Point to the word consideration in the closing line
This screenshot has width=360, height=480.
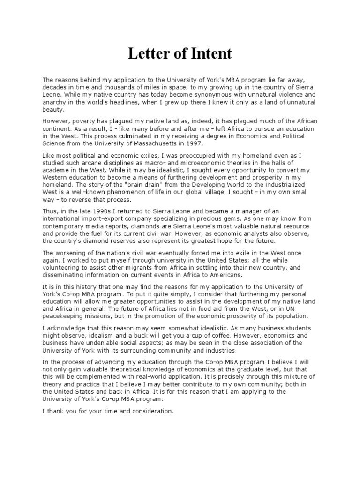150,411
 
